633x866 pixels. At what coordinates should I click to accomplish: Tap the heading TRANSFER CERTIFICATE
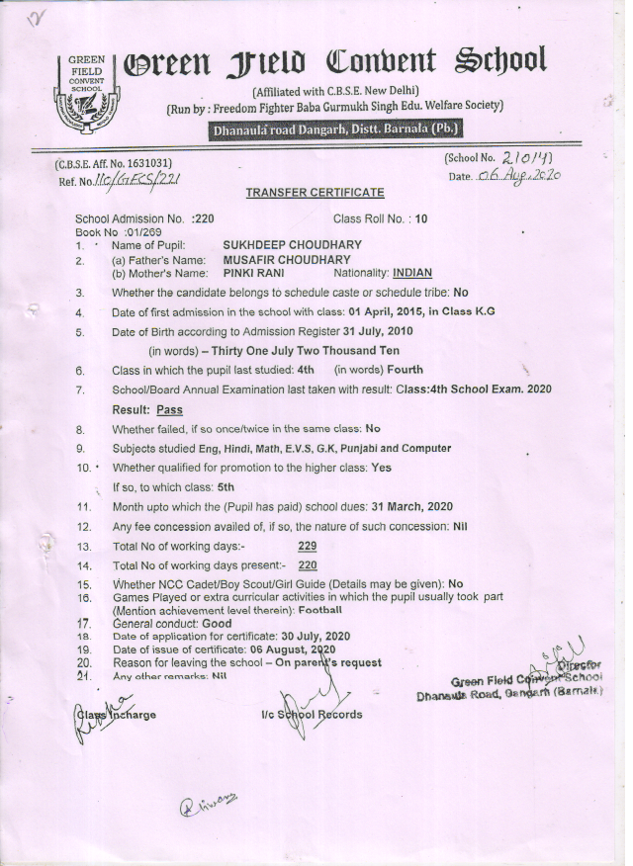coord(315,192)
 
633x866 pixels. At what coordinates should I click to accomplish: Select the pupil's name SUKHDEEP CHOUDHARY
coord(293,245)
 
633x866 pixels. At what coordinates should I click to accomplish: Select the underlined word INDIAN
coord(412,272)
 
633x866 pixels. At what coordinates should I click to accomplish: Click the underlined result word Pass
coord(170,409)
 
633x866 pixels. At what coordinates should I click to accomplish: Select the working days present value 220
coord(307,565)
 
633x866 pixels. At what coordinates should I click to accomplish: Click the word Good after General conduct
coord(217,624)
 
